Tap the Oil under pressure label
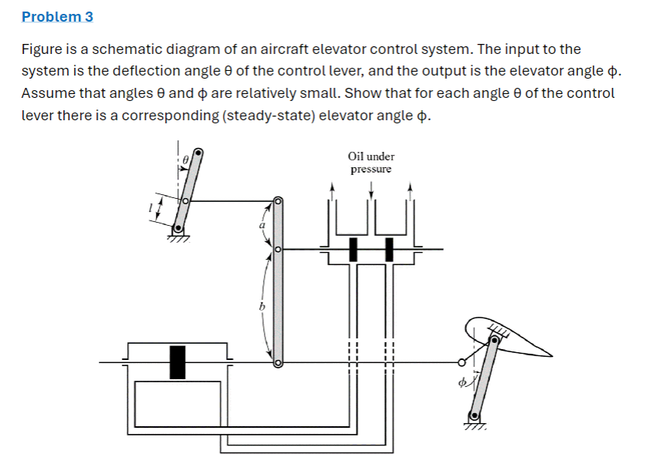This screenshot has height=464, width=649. pos(371,163)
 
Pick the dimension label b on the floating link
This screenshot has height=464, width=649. pos(261,306)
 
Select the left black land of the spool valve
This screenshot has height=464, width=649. pos(353,250)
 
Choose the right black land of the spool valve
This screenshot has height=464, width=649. pos(390,250)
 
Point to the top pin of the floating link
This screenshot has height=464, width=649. pos(279,202)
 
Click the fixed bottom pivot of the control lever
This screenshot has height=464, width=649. pos(178,228)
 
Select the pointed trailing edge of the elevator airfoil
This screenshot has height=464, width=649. pos(552,355)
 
